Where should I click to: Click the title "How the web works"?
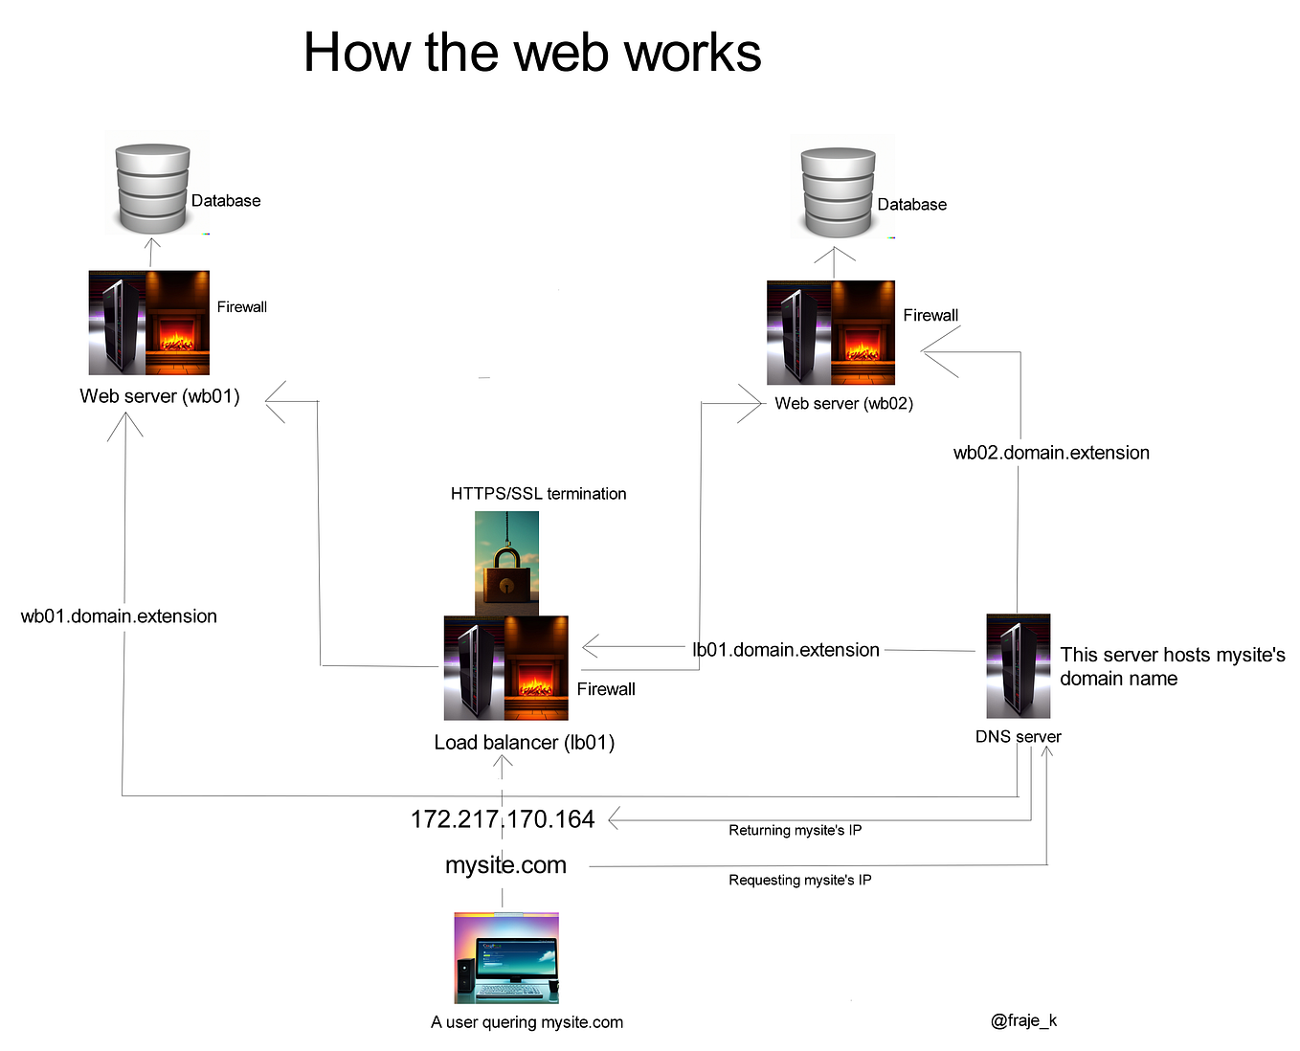pos(532,53)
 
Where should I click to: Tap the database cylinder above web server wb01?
pos(152,189)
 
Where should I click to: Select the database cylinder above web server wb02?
pos(838,192)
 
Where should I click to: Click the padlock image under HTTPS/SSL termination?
pos(506,564)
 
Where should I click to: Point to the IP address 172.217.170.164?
pos(503,819)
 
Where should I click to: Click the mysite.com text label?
pos(505,865)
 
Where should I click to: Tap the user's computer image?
pos(506,957)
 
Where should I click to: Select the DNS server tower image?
pos(1018,666)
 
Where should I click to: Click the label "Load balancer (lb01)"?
pos(524,743)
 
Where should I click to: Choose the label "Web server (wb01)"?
pos(160,396)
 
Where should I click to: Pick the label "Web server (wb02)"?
pos(843,404)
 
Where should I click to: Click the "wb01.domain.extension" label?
pos(119,616)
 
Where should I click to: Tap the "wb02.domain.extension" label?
pos(1051,453)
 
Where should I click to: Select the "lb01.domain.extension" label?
pos(785,650)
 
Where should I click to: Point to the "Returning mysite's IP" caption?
pos(795,831)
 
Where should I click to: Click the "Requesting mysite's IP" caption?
pos(799,881)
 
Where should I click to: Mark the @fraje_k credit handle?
pos(1023,1020)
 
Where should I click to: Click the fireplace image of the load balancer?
pos(536,668)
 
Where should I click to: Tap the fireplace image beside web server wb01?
pos(177,323)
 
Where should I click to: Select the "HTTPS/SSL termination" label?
pos(538,494)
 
